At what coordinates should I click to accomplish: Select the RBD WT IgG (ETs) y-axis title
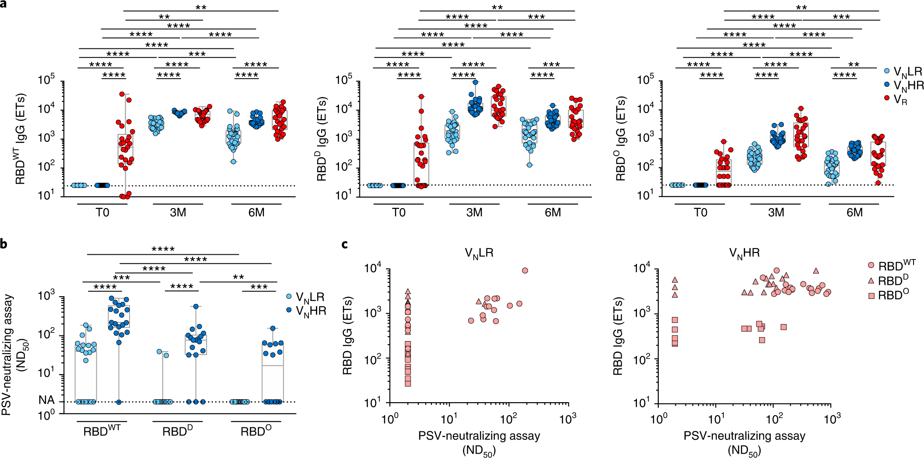point(21,139)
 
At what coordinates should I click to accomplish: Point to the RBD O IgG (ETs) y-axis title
point(621,139)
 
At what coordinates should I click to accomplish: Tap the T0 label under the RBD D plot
point(398,213)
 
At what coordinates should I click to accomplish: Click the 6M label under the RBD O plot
point(854,213)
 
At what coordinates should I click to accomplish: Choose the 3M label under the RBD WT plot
point(178,213)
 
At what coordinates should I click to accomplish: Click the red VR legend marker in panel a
point(886,98)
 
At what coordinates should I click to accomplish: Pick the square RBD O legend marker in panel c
point(871,296)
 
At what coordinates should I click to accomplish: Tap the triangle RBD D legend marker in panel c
point(871,281)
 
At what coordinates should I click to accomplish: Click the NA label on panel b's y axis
point(47,400)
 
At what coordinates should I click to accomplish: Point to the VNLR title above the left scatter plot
point(479,253)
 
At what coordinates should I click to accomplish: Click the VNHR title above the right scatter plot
point(744,253)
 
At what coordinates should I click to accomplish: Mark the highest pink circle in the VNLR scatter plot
point(525,271)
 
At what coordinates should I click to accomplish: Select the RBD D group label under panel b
point(178,431)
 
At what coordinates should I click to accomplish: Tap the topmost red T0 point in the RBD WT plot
point(122,94)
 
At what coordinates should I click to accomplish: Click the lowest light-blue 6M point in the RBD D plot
point(530,165)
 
